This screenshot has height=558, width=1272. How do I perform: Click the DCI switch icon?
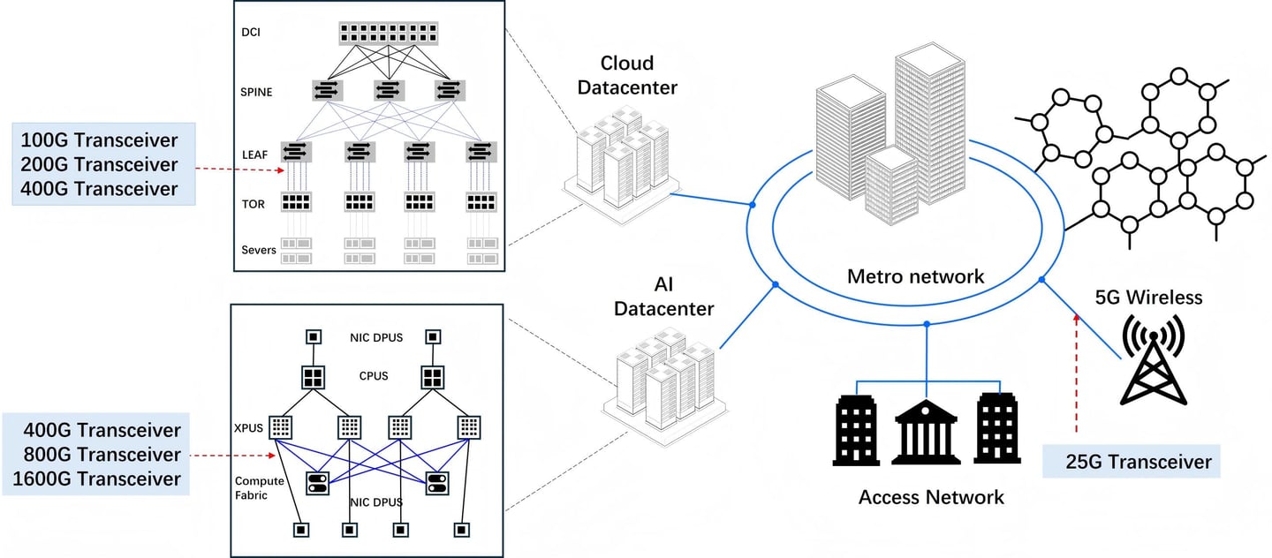389,34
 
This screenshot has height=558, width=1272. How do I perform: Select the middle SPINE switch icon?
389,90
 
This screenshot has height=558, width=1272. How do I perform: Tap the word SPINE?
256,92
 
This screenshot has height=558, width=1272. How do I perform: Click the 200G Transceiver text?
99,164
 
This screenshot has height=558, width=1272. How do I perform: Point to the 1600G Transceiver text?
96,479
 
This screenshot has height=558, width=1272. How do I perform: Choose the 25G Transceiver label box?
1132,461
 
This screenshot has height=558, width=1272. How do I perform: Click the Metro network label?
915,276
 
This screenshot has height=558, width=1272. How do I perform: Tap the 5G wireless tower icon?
1154,359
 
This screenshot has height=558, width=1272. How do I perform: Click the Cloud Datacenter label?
627,75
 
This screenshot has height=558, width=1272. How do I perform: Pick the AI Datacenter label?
664,297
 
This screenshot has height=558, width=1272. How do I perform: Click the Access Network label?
931,497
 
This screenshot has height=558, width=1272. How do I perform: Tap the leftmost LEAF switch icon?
297,152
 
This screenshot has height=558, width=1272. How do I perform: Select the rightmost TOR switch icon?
481,202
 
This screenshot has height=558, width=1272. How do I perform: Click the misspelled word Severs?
258,251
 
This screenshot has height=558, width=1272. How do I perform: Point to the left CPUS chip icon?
313,378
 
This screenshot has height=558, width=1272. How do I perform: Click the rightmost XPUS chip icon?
469,427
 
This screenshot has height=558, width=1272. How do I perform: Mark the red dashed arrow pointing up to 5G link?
1076,373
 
